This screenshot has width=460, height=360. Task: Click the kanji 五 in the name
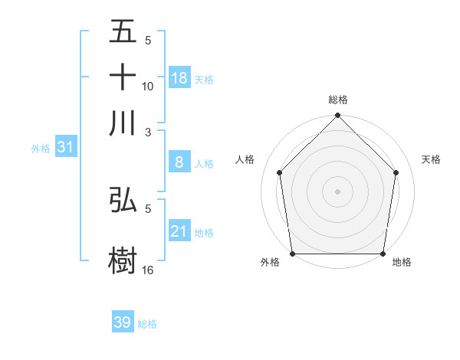123,33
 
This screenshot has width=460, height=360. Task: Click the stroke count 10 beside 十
148,86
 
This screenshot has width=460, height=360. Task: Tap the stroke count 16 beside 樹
148,270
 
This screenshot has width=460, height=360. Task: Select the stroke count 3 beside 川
148,131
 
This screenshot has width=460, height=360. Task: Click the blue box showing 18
179,77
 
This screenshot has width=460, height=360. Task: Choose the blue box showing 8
179,162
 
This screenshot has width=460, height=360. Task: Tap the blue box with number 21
179,231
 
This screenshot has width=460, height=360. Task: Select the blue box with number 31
65,147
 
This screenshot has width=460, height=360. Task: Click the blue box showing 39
123,322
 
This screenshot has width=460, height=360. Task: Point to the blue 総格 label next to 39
147,324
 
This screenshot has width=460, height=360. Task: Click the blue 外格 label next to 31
40,149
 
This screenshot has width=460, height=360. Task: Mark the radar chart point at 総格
337,116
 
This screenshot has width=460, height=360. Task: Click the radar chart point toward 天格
396,172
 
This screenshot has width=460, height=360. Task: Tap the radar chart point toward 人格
279,172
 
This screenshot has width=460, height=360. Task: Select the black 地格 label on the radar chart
402,263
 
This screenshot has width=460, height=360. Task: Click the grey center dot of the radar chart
337,191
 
